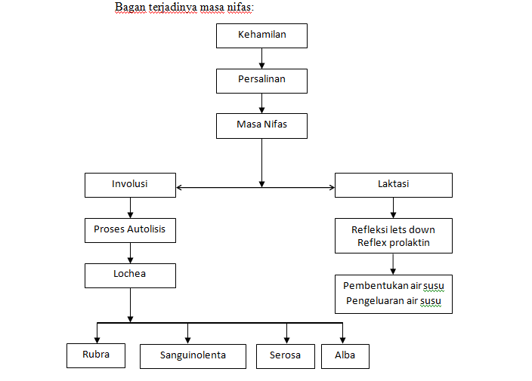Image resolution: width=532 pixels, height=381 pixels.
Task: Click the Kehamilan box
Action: [x=261, y=35]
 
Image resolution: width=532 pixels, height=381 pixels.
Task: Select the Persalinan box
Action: [x=261, y=80]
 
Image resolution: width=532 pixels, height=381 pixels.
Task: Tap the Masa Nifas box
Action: [x=261, y=125]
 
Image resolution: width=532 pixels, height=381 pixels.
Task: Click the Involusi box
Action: [x=130, y=185]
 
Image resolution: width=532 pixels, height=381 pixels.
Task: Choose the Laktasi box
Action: [x=393, y=185]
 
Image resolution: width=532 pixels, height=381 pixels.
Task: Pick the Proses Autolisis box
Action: [x=130, y=230]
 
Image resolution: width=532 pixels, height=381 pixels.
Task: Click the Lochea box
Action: [x=130, y=275]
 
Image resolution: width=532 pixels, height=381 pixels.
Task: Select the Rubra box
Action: [x=96, y=355]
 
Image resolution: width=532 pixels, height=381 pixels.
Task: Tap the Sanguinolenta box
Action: [x=193, y=356]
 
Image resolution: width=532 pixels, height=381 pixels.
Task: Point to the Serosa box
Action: [x=284, y=356]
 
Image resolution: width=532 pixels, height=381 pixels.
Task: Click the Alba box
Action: [x=345, y=356]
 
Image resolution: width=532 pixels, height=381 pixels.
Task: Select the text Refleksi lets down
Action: [x=393, y=229]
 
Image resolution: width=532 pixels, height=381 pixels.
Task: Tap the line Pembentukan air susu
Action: [x=393, y=287]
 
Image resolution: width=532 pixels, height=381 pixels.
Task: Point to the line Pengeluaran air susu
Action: [x=393, y=301]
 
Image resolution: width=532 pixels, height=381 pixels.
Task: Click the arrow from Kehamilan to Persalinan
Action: [x=261, y=58]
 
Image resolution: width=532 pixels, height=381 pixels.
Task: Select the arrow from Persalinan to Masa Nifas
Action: [x=261, y=103]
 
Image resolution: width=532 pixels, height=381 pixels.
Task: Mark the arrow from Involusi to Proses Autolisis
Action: [x=130, y=207]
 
